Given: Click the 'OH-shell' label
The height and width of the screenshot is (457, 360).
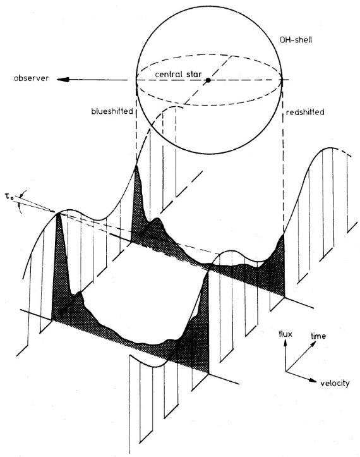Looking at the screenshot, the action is point(296,40).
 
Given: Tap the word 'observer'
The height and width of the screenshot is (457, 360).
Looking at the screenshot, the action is point(31,78).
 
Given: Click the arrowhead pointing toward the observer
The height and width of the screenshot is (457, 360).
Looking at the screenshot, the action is point(63,80).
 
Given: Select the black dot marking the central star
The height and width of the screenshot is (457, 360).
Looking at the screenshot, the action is point(208,80).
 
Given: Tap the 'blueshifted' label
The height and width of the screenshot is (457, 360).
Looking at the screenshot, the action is point(112,111).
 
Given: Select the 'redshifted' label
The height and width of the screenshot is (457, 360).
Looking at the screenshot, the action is point(305,113).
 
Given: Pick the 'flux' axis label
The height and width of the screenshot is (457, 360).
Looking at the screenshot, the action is point(285,334).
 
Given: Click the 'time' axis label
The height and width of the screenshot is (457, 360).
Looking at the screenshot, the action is point(318,336).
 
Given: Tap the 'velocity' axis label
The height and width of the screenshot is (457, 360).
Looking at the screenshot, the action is point(335,383).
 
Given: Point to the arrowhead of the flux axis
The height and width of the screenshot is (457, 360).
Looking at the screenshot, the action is point(285,343).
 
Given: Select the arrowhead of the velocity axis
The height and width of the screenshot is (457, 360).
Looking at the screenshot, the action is point(313,381).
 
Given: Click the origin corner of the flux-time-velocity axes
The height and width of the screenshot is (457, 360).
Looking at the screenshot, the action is point(285,371).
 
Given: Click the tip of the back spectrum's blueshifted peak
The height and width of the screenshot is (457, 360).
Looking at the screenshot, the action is point(136,166).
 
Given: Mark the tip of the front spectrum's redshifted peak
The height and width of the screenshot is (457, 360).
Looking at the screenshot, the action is point(208,271).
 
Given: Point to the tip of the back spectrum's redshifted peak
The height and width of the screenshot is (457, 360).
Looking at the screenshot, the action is point(284,234).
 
